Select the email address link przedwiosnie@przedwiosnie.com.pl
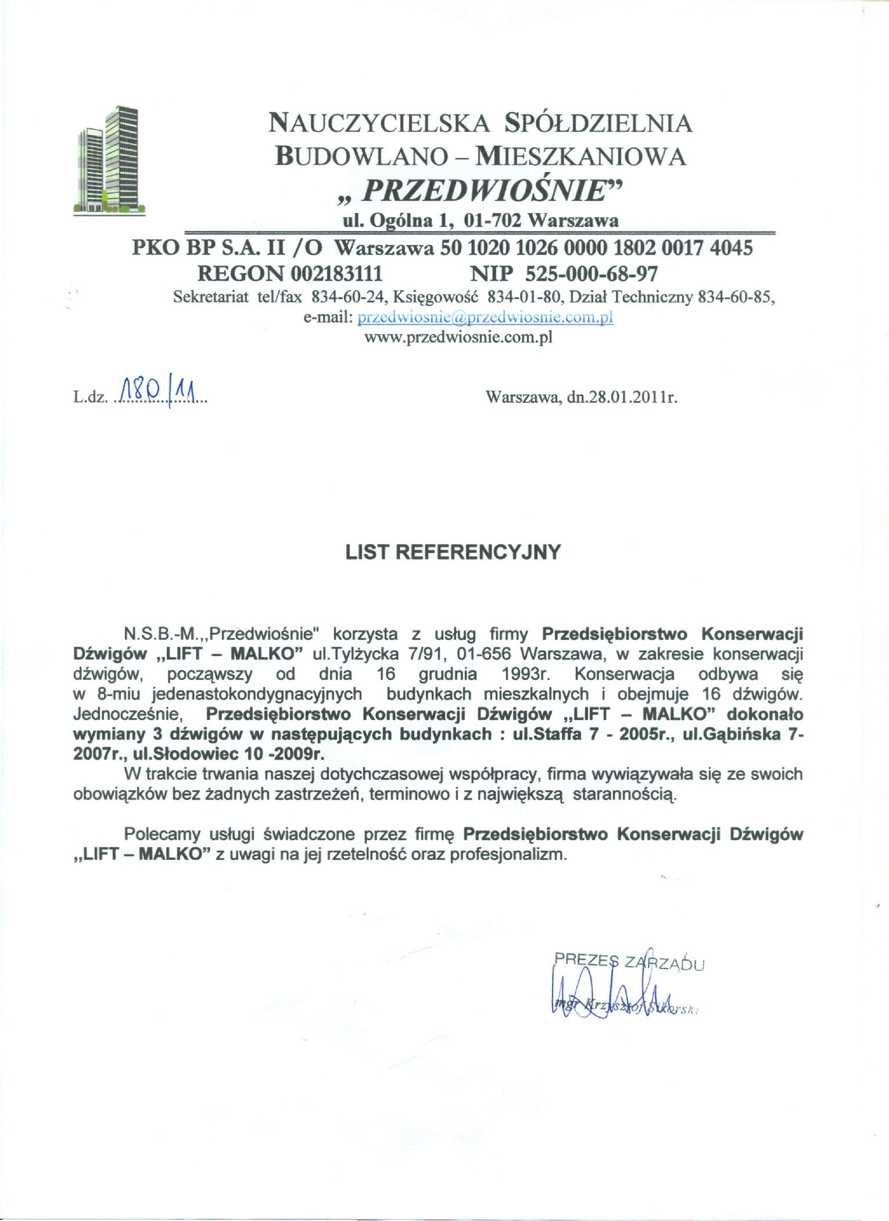pos(485,318)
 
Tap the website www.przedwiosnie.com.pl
pos(458,337)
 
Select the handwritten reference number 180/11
pos(157,390)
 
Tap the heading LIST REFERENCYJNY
pos(453,552)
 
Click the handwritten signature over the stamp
pos(610,996)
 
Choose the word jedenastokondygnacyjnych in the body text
pos(257,694)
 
